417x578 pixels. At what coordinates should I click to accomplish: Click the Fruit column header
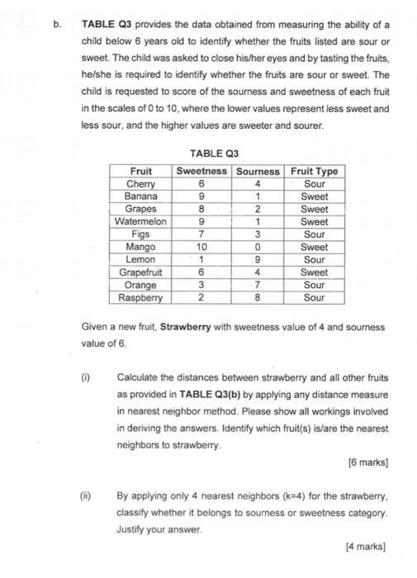[142, 171]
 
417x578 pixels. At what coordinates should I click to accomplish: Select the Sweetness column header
[201, 171]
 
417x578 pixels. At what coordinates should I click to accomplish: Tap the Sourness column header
[258, 171]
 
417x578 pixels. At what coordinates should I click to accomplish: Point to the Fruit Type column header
[315, 171]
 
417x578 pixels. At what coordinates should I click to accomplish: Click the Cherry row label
[142, 184]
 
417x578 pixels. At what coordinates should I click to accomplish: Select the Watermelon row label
[142, 221]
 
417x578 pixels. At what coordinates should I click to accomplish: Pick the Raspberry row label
[142, 297]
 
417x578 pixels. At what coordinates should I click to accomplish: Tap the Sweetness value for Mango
[201, 247]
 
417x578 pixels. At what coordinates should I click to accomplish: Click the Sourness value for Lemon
[258, 259]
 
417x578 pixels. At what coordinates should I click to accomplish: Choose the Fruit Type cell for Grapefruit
[315, 272]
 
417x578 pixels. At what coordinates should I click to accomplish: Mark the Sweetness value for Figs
[201, 235]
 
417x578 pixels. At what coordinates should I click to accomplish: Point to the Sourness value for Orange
[258, 285]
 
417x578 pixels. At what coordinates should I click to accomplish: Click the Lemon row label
[142, 259]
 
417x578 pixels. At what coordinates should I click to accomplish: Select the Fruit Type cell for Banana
[315, 197]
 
